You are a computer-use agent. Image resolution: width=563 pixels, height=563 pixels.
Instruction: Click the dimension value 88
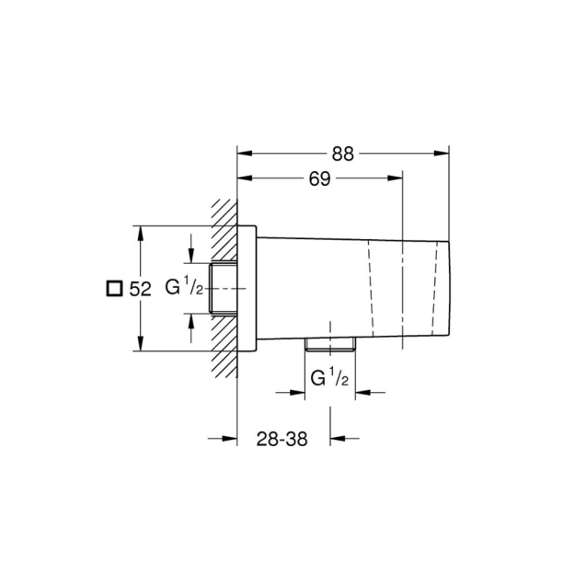click(343, 155)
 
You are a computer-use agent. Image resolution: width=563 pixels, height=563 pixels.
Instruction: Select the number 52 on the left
click(140, 289)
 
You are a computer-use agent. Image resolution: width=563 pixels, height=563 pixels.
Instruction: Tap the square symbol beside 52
click(113, 289)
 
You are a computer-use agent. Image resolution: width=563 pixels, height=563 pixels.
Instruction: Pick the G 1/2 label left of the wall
click(184, 288)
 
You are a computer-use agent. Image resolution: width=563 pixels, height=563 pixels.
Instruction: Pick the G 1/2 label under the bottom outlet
click(329, 378)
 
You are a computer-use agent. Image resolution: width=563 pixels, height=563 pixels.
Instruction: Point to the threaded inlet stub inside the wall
click(224, 288)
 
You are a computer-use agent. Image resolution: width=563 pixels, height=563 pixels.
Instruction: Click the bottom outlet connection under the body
click(329, 346)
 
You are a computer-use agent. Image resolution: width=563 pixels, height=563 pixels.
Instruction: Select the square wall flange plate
click(247, 288)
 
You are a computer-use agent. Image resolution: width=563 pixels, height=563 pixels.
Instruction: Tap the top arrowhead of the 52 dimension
click(140, 232)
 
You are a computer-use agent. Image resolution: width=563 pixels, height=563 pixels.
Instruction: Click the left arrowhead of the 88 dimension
click(243, 155)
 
